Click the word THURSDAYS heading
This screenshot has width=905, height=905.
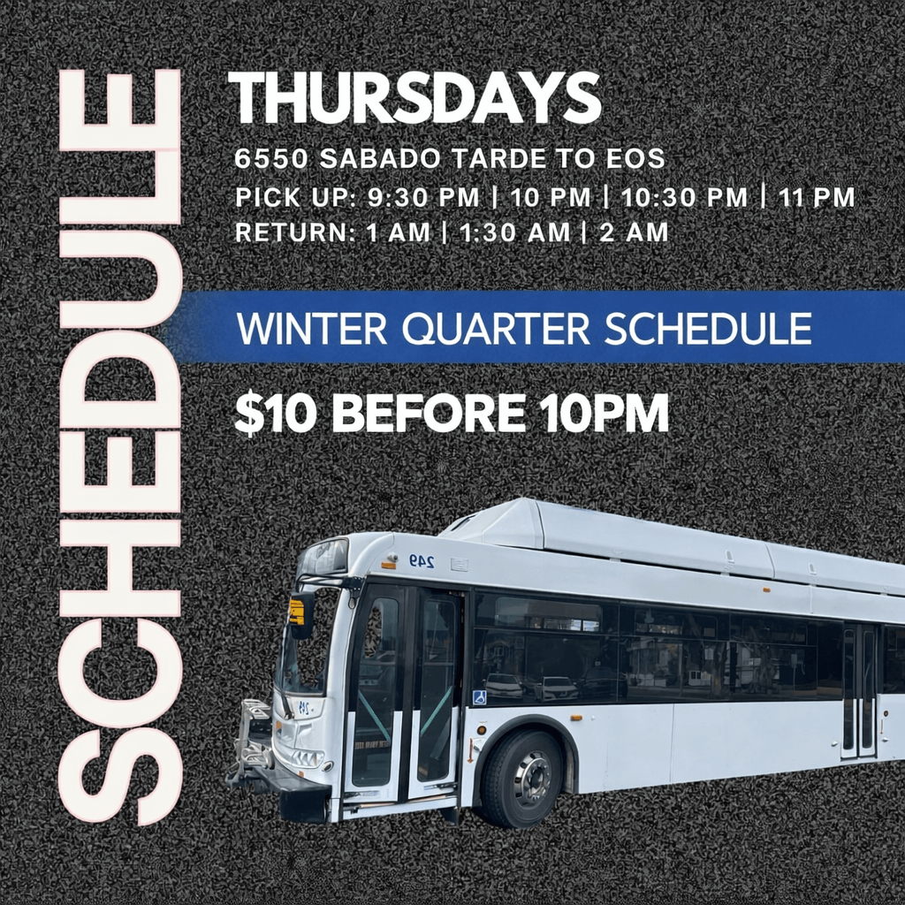click(x=414, y=98)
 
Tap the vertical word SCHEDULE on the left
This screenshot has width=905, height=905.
click(x=120, y=446)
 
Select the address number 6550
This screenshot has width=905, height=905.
click(x=271, y=159)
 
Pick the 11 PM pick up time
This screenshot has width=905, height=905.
click(x=817, y=197)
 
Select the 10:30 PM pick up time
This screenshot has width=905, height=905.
click(x=685, y=197)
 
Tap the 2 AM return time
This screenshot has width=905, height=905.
click(x=634, y=233)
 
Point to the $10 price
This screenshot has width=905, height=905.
click(x=275, y=414)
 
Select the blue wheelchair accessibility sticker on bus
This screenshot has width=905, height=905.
click(x=480, y=697)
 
